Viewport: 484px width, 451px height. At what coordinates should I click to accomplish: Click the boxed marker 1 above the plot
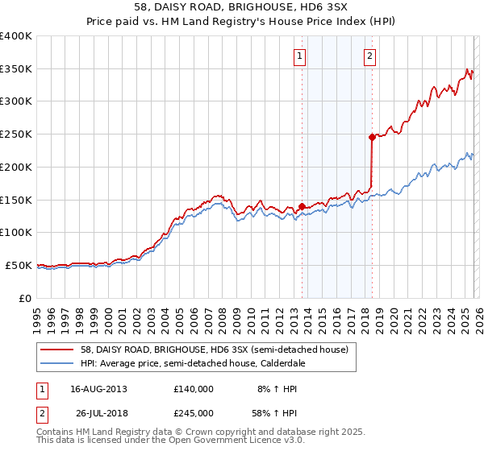(299, 56)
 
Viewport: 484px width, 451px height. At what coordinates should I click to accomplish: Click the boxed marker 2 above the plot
(369, 56)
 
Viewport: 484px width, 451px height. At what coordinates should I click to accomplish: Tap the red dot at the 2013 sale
(302, 206)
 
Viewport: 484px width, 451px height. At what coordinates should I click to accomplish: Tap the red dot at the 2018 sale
(372, 138)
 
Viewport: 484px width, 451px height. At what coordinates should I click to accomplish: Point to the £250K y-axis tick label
(15, 134)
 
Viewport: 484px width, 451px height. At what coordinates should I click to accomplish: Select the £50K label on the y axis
(18, 265)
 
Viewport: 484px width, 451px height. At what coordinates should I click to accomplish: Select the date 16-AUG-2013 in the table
(98, 388)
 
